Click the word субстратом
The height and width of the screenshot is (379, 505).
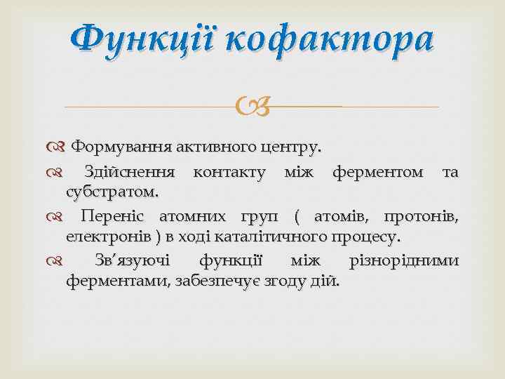(x=112, y=192)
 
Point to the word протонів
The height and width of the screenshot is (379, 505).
(x=426, y=215)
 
